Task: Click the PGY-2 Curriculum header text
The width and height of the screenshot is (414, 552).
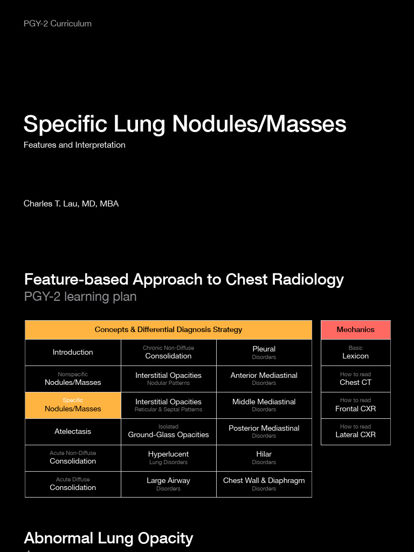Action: pyautogui.click(x=58, y=24)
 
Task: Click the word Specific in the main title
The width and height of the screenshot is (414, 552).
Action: pyautogui.click(x=65, y=124)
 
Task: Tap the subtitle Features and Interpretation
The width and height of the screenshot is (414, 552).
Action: pyautogui.click(x=74, y=145)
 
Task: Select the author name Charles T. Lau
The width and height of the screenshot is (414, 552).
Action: pyautogui.click(x=71, y=204)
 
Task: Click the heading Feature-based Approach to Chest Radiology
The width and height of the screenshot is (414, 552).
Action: pyautogui.click(x=184, y=279)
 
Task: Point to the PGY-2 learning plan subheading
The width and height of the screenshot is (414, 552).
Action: pyautogui.click(x=80, y=296)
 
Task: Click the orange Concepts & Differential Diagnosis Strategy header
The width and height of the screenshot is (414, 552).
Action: pyautogui.click(x=168, y=330)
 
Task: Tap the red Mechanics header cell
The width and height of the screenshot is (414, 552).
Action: pyautogui.click(x=355, y=330)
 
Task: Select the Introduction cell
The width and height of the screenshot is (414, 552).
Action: pyautogui.click(x=73, y=353)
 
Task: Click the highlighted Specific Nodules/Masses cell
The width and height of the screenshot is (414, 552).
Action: pyautogui.click(x=73, y=405)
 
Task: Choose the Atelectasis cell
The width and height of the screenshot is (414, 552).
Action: pyautogui.click(x=73, y=432)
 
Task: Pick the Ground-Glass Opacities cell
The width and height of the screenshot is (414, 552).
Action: pyautogui.click(x=168, y=432)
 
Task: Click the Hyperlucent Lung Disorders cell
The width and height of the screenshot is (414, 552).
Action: pyautogui.click(x=168, y=458)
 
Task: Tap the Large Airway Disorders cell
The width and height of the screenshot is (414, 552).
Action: pyautogui.click(x=168, y=484)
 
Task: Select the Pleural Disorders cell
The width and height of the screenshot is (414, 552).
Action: pyautogui.click(x=264, y=353)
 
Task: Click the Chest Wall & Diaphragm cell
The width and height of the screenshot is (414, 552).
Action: pyautogui.click(x=264, y=484)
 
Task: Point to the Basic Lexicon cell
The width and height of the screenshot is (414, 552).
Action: pyautogui.click(x=355, y=353)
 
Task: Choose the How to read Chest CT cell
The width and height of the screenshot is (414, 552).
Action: pyautogui.click(x=355, y=379)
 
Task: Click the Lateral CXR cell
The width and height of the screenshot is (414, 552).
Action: pyautogui.click(x=355, y=432)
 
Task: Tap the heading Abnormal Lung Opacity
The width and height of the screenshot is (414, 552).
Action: pyautogui.click(x=108, y=538)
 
